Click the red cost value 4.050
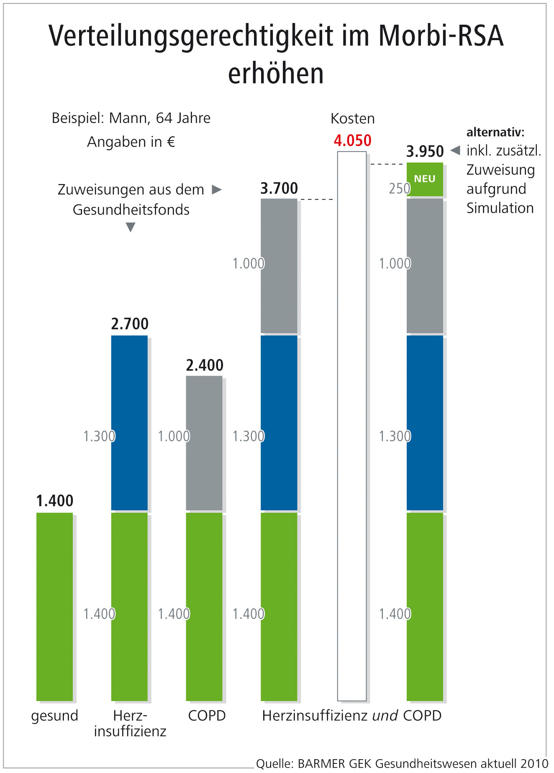click(x=352, y=141)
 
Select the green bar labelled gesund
click(x=55, y=607)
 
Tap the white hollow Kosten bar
click(x=352, y=418)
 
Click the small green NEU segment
click(x=425, y=179)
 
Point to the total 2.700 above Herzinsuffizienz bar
click(x=130, y=324)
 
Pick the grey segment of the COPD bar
click(x=204, y=443)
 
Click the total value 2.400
click(x=205, y=365)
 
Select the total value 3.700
click(x=279, y=188)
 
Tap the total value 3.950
click(x=425, y=151)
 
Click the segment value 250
click(x=399, y=189)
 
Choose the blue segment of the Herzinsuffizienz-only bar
click(x=129, y=422)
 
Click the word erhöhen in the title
click(x=276, y=74)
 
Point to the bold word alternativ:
click(x=495, y=132)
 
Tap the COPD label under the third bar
click(x=207, y=716)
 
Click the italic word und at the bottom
click(x=385, y=716)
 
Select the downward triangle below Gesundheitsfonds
click(x=131, y=227)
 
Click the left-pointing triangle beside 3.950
click(x=455, y=150)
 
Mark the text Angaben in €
click(x=131, y=142)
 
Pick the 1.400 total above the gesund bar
click(x=55, y=501)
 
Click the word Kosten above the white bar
click(x=352, y=119)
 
